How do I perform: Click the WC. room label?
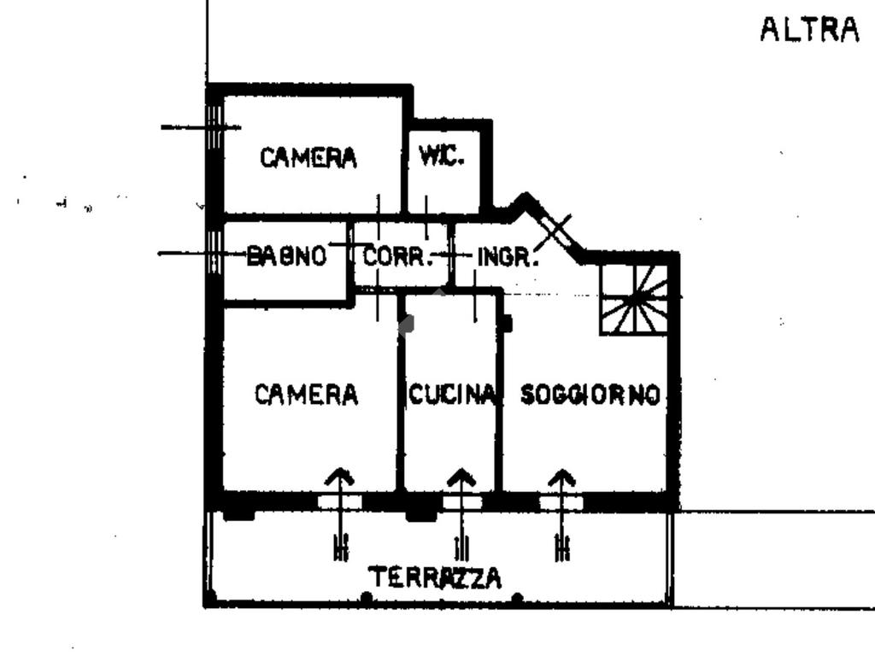(x=441, y=156)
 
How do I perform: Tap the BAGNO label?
(x=286, y=255)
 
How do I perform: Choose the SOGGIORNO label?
(x=590, y=395)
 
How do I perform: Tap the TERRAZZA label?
(x=436, y=578)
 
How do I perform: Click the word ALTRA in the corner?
(x=809, y=31)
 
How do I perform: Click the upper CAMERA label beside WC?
(x=308, y=158)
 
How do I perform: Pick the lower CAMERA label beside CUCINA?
(x=307, y=395)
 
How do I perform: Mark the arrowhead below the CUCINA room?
(x=461, y=476)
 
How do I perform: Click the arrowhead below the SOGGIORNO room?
(x=561, y=476)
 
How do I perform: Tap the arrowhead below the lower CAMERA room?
(x=340, y=476)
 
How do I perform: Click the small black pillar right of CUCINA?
(x=506, y=323)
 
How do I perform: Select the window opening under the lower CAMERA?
(x=340, y=502)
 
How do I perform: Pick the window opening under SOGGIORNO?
(x=561, y=502)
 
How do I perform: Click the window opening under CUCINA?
(x=461, y=502)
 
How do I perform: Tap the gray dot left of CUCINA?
(x=407, y=324)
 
